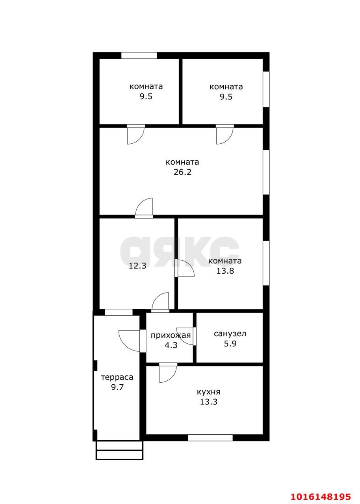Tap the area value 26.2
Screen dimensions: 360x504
182,172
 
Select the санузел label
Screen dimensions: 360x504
230,334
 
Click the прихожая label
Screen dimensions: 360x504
171,335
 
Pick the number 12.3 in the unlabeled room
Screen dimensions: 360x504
137,266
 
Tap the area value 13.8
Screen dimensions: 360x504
225,271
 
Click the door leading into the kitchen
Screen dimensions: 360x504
168,372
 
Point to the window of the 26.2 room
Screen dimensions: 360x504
266,172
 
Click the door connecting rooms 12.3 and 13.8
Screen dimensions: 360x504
184,268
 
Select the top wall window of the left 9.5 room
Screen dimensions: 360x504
139,56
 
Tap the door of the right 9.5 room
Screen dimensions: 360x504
225,134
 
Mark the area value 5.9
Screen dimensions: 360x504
230,344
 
